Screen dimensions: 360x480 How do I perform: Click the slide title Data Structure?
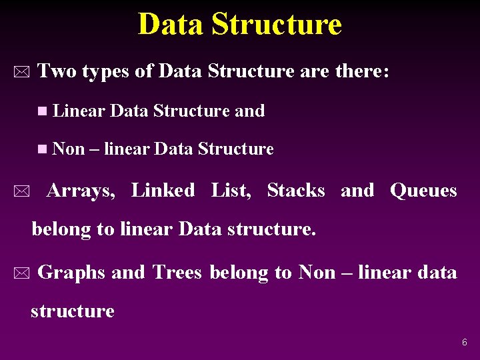pos(239,25)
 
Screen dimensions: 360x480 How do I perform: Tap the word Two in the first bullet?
pos(57,71)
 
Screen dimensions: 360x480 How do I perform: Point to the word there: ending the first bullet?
pos(361,71)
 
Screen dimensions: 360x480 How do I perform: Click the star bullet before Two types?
pos(22,72)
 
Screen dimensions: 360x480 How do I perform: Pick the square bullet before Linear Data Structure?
pos(43,111)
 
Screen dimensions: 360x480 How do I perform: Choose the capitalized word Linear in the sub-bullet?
pos(79,111)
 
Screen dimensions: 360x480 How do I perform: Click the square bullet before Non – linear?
pos(43,149)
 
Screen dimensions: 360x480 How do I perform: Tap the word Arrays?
pos(81,191)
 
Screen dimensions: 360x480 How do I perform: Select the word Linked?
pos(163,191)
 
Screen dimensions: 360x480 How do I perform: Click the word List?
pos(231,191)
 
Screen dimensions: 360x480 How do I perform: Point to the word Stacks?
pos(295,191)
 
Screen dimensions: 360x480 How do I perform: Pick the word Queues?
pos(423,191)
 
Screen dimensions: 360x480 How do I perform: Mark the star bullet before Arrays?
pos(22,193)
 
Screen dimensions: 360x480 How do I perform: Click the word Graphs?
pos(71,273)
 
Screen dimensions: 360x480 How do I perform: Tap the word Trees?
pos(177,272)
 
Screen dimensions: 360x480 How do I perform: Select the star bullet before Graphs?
pos(22,273)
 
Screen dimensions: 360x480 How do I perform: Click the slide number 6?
pos(465,342)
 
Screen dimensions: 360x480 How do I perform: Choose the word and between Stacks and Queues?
pos(357,191)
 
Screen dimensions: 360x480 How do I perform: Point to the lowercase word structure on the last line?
pos(73,311)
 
